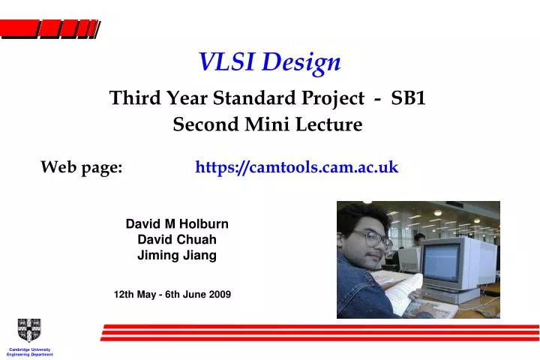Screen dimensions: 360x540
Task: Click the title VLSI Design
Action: pyautogui.click(x=269, y=63)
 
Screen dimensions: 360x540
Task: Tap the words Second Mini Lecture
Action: pyautogui.click(x=268, y=125)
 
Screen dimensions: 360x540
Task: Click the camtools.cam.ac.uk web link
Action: pyautogui.click(x=296, y=167)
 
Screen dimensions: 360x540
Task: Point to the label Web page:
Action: pyautogui.click(x=82, y=167)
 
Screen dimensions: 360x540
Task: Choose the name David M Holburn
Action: pyautogui.click(x=177, y=223)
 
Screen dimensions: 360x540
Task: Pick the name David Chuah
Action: pyautogui.click(x=177, y=239)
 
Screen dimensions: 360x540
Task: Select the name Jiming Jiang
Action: pyautogui.click(x=177, y=255)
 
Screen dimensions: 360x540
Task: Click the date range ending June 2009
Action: pyautogui.click(x=172, y=295)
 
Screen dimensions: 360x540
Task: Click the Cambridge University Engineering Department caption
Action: pyautogui.click(x=30, y=352)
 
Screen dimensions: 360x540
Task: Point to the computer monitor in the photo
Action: pyautogui.click(x=454, y=264)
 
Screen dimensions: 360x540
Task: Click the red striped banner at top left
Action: pyautogui.click(x=49, y=29)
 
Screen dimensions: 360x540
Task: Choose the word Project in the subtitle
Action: pyautogui.click(x=325, y=98)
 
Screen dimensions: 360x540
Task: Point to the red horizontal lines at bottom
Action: pyautogui.click(x=319, y=333)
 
